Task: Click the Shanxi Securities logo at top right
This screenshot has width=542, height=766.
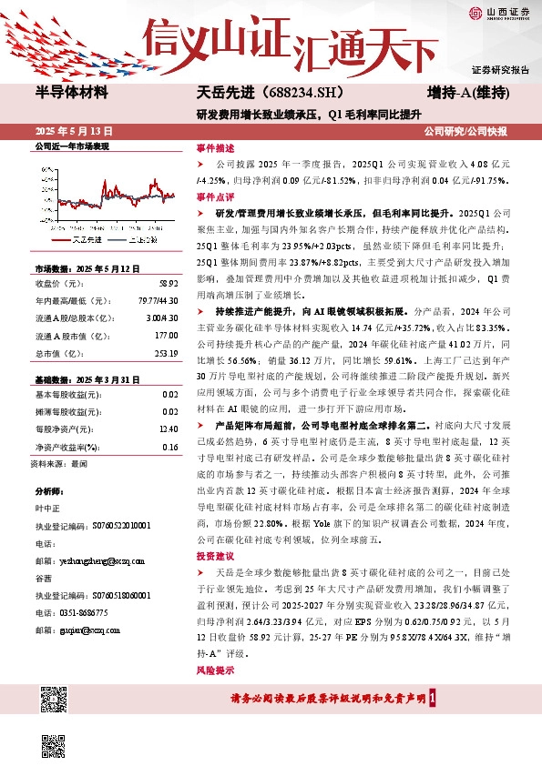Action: (498, 12)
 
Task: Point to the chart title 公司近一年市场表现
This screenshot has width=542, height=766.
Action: (71, 146)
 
